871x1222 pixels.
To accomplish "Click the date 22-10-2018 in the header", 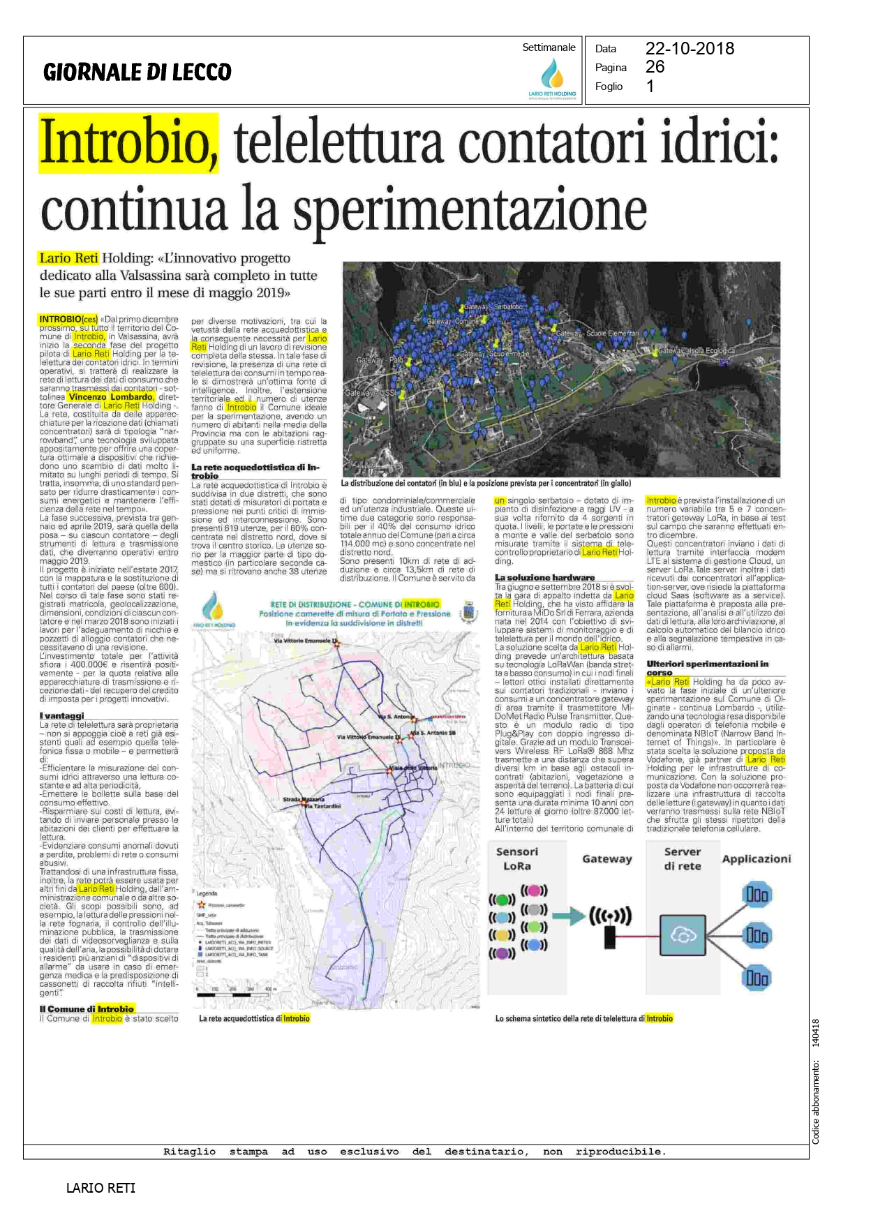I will pos(689,49).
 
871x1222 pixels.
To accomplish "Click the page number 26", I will pos(655,67).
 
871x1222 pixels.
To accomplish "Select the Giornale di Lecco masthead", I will pos(137,72).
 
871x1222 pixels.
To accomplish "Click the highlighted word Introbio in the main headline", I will pos(128,143).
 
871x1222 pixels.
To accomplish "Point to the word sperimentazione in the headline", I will pos(470,209).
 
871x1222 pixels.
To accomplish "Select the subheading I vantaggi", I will pos(61,715).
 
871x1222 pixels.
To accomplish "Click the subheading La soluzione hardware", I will pos(544,577).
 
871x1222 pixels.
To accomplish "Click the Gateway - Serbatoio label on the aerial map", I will pos(493,307).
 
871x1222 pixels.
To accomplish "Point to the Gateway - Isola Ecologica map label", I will pos(696,350).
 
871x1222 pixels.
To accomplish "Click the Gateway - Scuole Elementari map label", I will pos(597,334).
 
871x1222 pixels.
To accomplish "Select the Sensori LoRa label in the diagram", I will pos(516,858).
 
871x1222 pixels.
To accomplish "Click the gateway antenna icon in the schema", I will pos(610,925).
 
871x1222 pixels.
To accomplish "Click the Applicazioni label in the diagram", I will pos(756,859).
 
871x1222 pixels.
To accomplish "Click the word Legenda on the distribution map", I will pos(207,893).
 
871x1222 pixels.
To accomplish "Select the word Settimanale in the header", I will pos(549,47).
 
